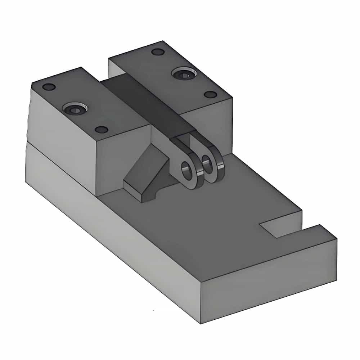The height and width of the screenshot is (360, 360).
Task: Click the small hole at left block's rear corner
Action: pyautogui.click(x=49, y=87)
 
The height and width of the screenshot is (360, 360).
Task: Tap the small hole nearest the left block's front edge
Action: pyautogui.click(x=102, y=130)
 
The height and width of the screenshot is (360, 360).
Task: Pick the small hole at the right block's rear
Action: pyautogui.click(x=158, y=52)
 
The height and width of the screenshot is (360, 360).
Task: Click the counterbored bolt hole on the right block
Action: pyautogui.click(x=184, y=75)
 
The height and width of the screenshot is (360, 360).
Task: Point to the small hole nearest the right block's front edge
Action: pyautogui.click(x=210, y=94)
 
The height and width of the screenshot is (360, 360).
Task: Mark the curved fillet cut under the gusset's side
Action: pyautogui.click(x=156, y=196)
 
